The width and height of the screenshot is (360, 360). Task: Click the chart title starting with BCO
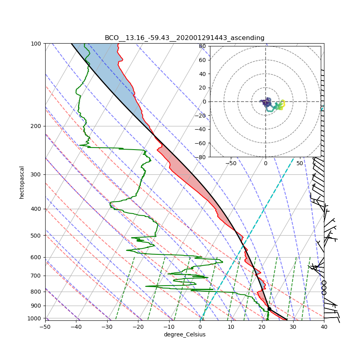pos(184,38)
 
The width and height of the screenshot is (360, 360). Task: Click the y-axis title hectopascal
pos(22,182)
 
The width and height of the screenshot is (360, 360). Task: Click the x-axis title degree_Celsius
pos(184,334)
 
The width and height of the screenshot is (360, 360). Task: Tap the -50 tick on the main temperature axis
pos(45,327)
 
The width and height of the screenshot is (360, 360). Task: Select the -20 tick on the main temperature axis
pos(138,327)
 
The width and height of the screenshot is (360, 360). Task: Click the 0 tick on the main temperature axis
pos(200,327)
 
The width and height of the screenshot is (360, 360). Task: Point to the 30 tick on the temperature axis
pos(293,327)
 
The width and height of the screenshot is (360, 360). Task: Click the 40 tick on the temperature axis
pos(324,327)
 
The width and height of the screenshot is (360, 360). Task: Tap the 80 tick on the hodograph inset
pos(202,46)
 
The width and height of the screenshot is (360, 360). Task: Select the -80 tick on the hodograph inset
pos(201,157)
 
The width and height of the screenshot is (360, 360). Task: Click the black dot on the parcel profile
pos(269,309)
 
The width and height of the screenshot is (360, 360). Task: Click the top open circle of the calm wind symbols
pos(324,282)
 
